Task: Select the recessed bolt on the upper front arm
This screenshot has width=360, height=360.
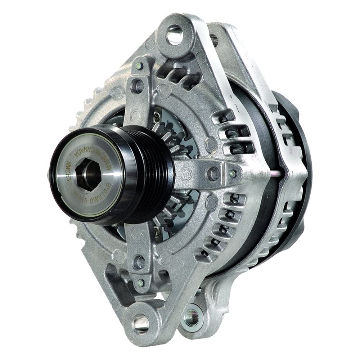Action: coord(138,86)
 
